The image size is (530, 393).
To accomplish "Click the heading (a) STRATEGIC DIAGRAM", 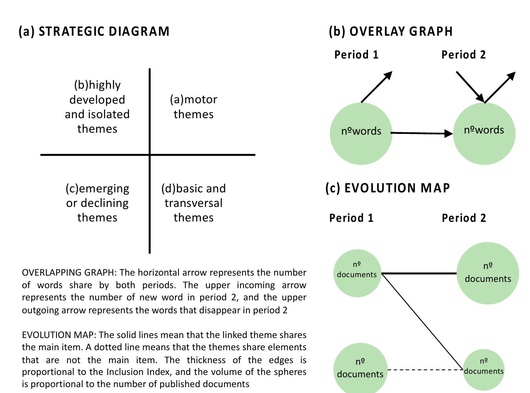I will tap(94, 31).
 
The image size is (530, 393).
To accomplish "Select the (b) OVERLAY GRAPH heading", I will tap(391, 31).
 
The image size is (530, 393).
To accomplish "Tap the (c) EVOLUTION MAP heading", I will tap(388, 188).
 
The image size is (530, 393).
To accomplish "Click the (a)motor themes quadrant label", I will tap(193, 107).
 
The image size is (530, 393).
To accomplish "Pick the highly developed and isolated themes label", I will tap(97, 107).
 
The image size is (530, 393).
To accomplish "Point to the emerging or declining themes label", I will tap(97, 203).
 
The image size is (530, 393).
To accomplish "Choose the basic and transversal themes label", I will tap(193, 203).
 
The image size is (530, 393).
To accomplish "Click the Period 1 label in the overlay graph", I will tap(356, 55).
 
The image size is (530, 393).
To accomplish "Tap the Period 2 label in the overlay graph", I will tap(463, 55).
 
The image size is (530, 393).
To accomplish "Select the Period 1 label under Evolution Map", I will tap(351, 218).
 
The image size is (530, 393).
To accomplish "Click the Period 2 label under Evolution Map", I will tap(464, 218).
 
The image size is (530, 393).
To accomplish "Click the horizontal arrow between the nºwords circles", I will tap(422, 133).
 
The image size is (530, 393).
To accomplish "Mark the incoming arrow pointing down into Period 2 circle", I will tap(470, 86).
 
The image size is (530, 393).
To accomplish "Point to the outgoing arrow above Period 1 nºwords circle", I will tap(376, 87).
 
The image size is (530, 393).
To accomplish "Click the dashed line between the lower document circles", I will tap(425, 370).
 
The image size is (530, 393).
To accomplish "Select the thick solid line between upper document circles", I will tap(419, 273).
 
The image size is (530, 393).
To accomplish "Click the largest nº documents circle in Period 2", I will tap(488, 273).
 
